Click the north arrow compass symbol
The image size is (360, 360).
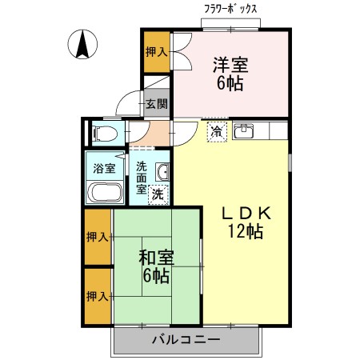coord(82,44)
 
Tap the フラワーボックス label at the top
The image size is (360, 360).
coord(230,10)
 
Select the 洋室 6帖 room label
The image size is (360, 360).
coord(230,74)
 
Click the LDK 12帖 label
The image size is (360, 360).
coord(246,222)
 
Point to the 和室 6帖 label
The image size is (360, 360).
coord(156,266)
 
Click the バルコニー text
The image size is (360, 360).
coord(186,339)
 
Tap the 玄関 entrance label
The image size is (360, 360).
coord(157,104)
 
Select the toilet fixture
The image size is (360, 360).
coord(104,133)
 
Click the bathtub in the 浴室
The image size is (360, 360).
coord(105,192)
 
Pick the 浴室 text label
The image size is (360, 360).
coord(104,169)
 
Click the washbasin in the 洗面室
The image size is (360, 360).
coord(162,172)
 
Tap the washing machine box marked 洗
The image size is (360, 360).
coord(158,194)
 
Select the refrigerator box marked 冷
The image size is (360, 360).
coord(217,132)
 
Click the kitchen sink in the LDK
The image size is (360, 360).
coord(243,131)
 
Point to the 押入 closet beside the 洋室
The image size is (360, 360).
coord(157,52)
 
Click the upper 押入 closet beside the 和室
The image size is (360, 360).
coord(98,237)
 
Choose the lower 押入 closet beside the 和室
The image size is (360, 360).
coord(98,296)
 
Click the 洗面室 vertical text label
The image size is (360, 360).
coord(142,178)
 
